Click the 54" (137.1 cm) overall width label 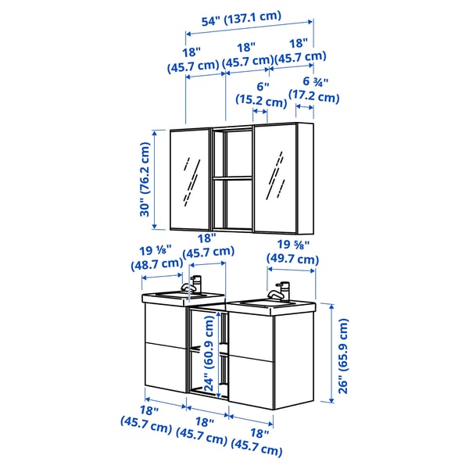point(242,19)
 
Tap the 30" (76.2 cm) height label point(145,179)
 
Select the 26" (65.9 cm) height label point(343,356)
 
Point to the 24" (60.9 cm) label point(209,353)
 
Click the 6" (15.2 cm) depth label point(261,95)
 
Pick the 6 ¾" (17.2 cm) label point(314,89)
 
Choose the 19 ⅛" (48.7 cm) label point(157,257)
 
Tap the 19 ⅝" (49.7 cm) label point(292,252)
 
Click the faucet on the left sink point(192,285)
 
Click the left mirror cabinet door point(190,180)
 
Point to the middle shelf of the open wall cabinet point(232,178)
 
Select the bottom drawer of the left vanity point(166,367)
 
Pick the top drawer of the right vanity point(251,337)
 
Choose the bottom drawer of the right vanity point(251,382)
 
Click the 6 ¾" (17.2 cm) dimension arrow point(305,107)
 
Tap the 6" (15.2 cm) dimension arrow point(260,111)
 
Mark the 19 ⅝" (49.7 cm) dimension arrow point(291,270)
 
